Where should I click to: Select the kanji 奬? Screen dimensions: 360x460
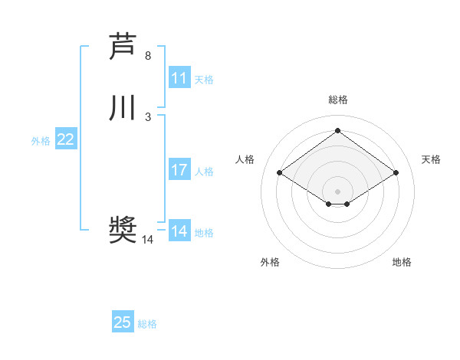123,230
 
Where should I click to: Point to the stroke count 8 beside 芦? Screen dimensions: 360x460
148,56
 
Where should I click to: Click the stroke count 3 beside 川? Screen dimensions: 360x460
148,117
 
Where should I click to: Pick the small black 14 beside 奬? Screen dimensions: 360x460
148,240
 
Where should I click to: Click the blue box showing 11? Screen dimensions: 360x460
179,78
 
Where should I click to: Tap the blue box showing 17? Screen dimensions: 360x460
179,170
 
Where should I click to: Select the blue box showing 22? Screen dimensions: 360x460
66,139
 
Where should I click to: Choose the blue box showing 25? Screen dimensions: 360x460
123,322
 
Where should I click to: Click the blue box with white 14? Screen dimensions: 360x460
179,231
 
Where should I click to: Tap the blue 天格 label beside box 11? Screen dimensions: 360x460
204,80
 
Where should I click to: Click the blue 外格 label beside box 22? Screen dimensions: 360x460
41,141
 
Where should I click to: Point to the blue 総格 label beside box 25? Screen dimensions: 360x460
147,324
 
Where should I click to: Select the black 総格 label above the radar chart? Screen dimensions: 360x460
337,100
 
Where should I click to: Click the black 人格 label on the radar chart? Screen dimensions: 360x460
245,159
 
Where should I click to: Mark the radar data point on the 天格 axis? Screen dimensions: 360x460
396,173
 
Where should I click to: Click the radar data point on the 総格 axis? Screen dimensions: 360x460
337,130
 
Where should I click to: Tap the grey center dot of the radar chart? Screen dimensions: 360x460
337,191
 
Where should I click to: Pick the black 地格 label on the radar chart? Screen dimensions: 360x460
402,262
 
